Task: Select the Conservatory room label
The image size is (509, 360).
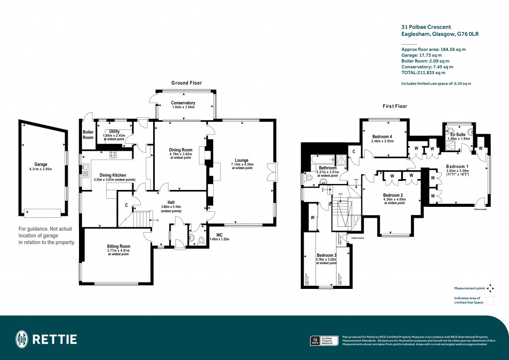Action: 183,103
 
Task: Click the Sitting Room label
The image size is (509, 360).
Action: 118,246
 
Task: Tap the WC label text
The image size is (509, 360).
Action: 219,235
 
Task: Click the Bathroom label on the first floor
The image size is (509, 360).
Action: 329,168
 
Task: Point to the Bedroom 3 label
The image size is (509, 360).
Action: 326,256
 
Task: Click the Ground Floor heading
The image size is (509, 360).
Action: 187,83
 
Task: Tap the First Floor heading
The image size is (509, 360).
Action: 395,106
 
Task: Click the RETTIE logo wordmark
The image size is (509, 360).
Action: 55,340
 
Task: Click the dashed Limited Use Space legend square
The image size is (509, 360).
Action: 490,300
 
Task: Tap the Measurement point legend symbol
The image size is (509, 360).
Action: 490,288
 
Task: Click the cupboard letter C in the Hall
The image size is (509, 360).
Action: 127,205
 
